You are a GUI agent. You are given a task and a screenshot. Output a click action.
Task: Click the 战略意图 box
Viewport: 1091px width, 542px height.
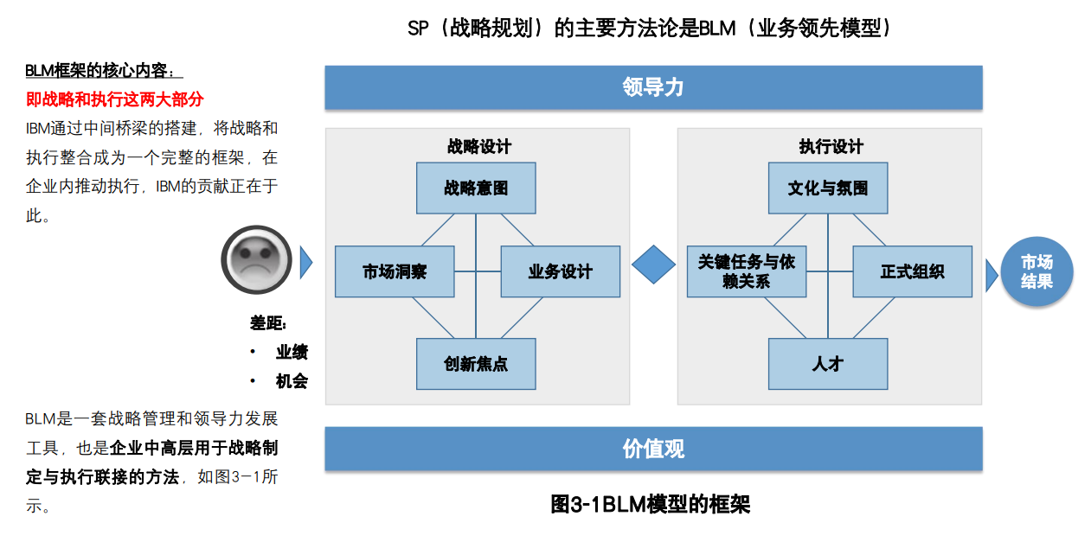tap(476, 188)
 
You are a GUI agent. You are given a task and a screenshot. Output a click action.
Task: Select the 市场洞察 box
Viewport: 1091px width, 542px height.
tap(395, 271)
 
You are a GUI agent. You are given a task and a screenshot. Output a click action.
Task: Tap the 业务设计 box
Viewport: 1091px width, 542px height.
tap(560, 271)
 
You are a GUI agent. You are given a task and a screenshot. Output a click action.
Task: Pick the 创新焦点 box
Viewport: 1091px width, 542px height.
tap(476, 364)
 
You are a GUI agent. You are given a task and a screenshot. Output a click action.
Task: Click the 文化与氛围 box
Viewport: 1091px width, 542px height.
tap(828, 188)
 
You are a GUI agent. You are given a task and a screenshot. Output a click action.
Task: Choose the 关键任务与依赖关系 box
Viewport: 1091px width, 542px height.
tap(747, 271)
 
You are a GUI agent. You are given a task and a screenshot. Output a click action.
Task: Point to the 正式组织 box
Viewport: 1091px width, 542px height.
tap(912, 271)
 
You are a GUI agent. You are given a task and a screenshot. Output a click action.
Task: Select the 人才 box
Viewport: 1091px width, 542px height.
tap(828, 364)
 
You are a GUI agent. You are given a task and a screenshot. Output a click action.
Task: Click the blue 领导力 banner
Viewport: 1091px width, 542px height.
tap(653, 87)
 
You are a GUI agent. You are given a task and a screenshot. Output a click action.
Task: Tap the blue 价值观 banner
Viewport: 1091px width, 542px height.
tap(653, 449)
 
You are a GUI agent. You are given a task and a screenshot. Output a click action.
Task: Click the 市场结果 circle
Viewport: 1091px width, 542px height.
tap(1036, 271)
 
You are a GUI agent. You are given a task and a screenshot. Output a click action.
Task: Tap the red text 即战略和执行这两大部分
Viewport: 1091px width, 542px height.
tap(114, 99)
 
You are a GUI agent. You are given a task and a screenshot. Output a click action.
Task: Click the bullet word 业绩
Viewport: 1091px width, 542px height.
tap(292, 353)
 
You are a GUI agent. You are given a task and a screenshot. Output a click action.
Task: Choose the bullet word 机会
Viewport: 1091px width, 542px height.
tap(292, 381)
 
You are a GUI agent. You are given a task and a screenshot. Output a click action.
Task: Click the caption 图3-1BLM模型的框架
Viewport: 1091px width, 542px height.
tap(650, 505)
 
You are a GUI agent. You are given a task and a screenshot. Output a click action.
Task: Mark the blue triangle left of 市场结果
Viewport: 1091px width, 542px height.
tap(991, 275)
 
